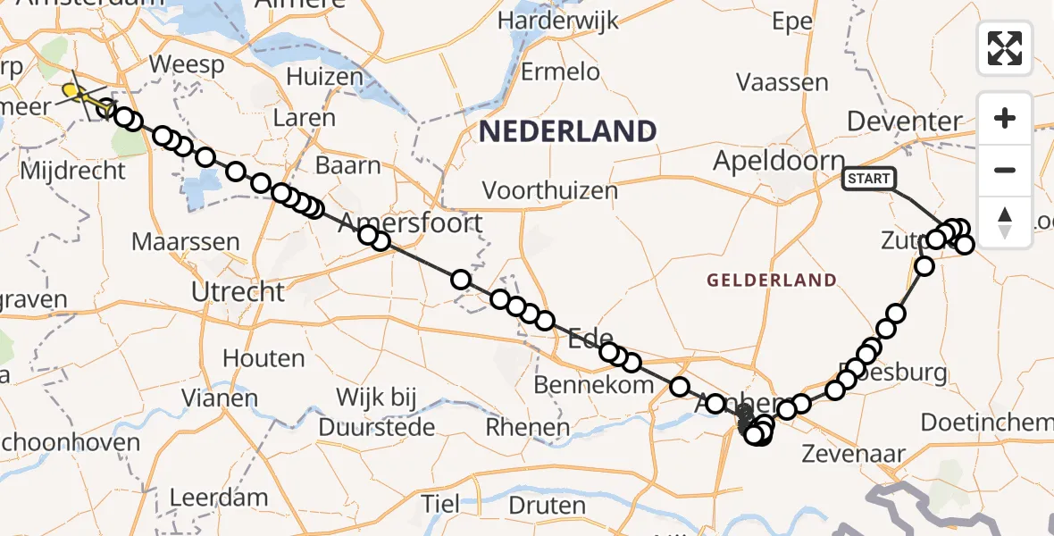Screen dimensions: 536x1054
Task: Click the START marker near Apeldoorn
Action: [868, 179]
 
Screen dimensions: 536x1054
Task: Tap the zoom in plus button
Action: [1005, 118]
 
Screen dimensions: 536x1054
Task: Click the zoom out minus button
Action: [1005, 170]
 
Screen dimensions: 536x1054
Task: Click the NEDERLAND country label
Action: [568, 132]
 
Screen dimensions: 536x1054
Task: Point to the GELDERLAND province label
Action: [772, 281]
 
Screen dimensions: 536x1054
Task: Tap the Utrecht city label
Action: [238, 292]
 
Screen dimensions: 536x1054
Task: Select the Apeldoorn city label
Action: [780, 162]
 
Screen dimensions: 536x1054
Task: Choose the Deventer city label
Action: [905, 121]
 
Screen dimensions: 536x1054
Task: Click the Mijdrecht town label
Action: [72, 170]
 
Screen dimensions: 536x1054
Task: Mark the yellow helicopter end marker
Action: [71, 90]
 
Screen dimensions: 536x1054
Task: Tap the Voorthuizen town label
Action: [550, 190]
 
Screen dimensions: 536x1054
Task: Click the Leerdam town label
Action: [218, 497]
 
